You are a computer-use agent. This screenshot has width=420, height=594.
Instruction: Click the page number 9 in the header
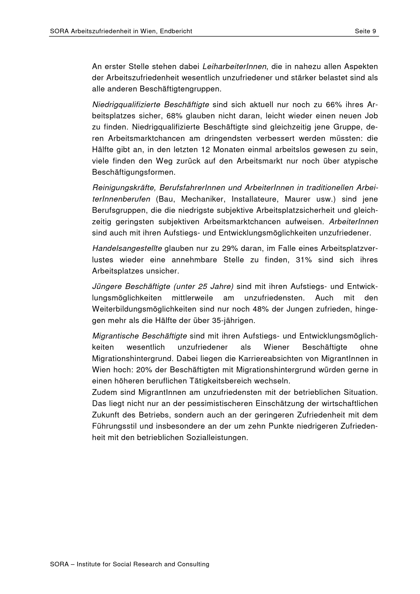tap(374, 31)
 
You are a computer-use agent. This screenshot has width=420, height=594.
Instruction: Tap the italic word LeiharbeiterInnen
tap(235, 67)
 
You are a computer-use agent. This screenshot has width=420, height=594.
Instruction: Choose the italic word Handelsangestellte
tap(127, 249)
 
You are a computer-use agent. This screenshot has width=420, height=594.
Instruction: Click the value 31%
tap(304, 260)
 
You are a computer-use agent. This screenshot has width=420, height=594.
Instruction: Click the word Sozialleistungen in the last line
tap(216, 438)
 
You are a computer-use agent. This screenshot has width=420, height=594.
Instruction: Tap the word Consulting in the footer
tap(193, 564)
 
